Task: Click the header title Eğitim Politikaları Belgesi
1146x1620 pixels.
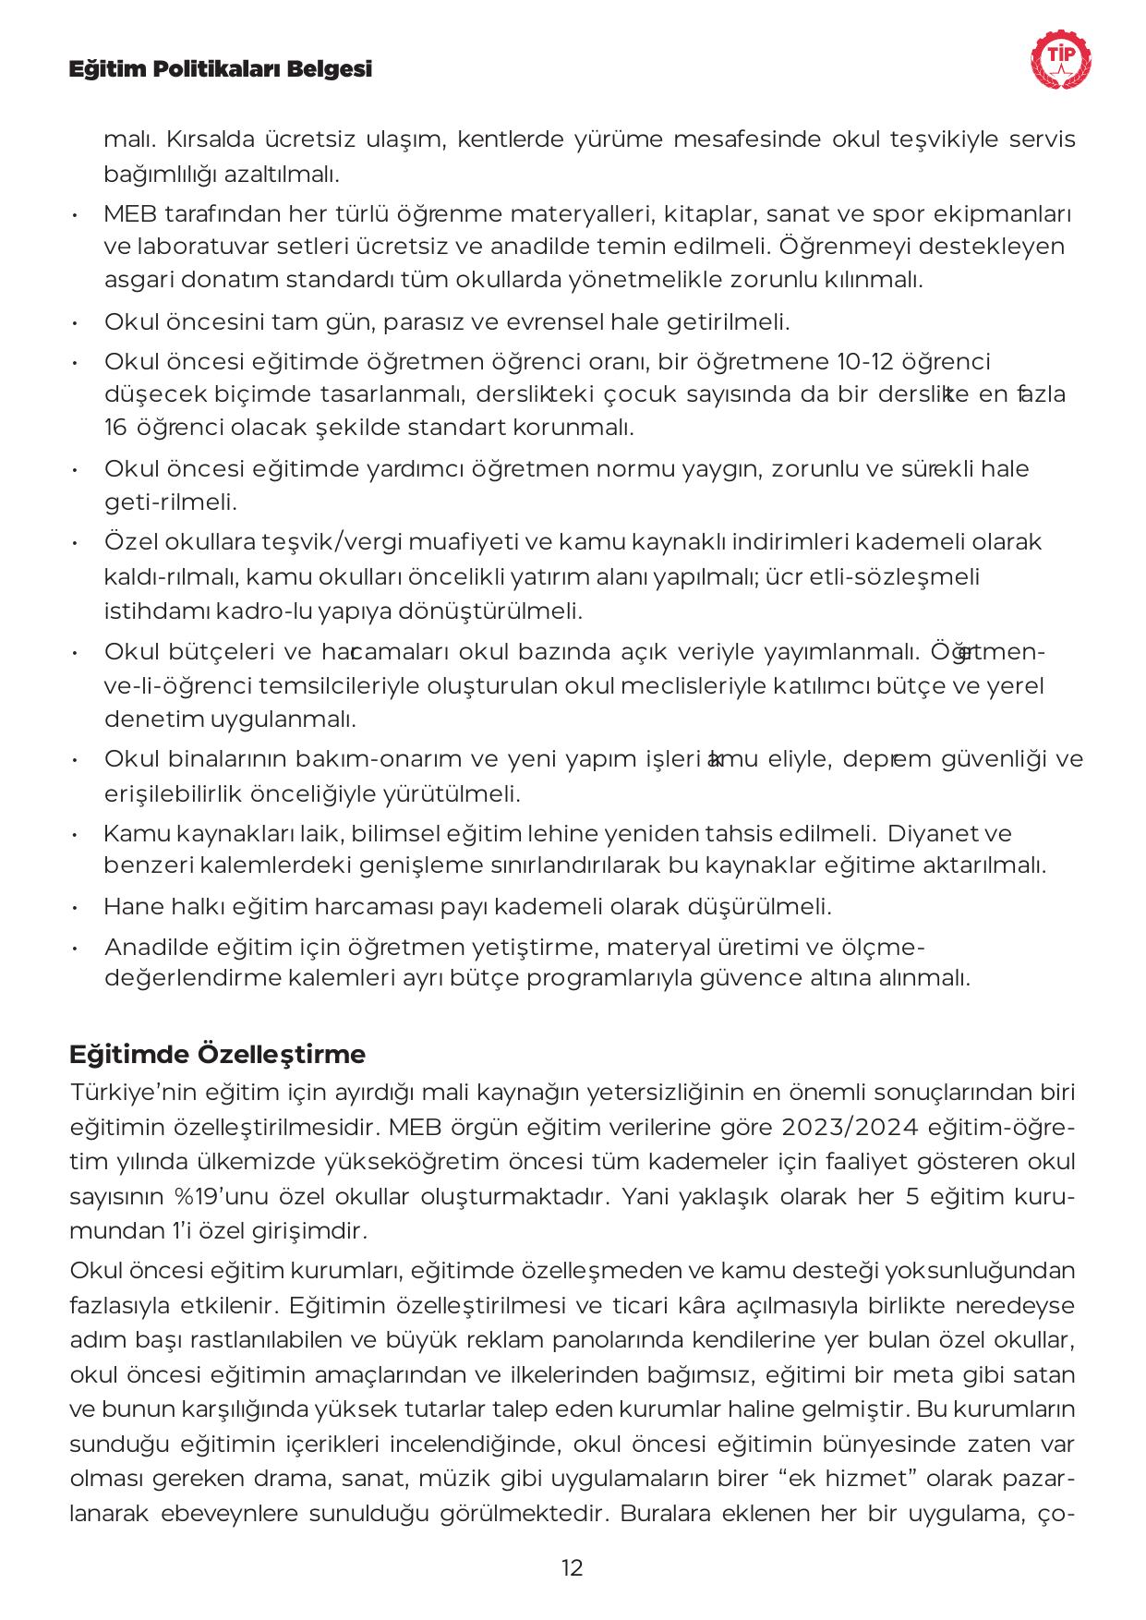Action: [x=221, y=69]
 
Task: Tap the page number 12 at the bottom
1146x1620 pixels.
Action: [x=572, y=1567]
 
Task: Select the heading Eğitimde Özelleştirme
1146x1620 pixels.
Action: [x=218, y=1054]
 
